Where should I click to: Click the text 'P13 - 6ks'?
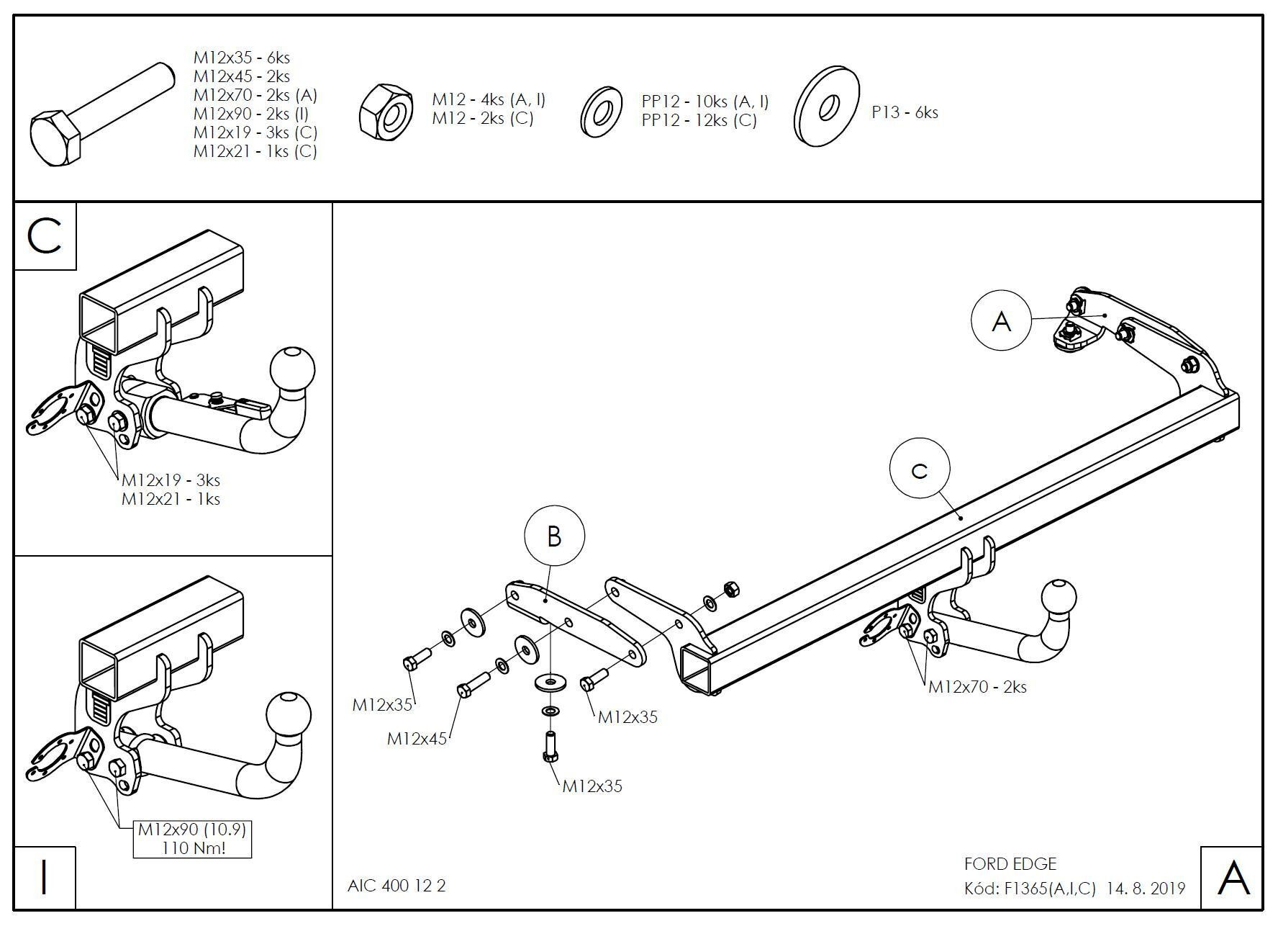905,112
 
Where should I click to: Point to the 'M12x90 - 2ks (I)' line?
251,114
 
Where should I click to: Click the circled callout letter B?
554,536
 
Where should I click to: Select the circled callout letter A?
1002,321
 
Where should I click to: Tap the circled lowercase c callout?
920,469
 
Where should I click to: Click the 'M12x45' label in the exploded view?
417,739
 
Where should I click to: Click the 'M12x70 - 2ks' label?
977,687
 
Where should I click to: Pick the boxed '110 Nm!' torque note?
193,848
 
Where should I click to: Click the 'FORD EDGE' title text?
1010,864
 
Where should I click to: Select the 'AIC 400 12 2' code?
396,886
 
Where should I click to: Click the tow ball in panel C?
293,368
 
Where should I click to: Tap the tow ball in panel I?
289,714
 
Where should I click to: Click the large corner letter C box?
45,237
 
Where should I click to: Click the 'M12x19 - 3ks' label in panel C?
171,480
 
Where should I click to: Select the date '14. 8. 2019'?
1146,889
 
